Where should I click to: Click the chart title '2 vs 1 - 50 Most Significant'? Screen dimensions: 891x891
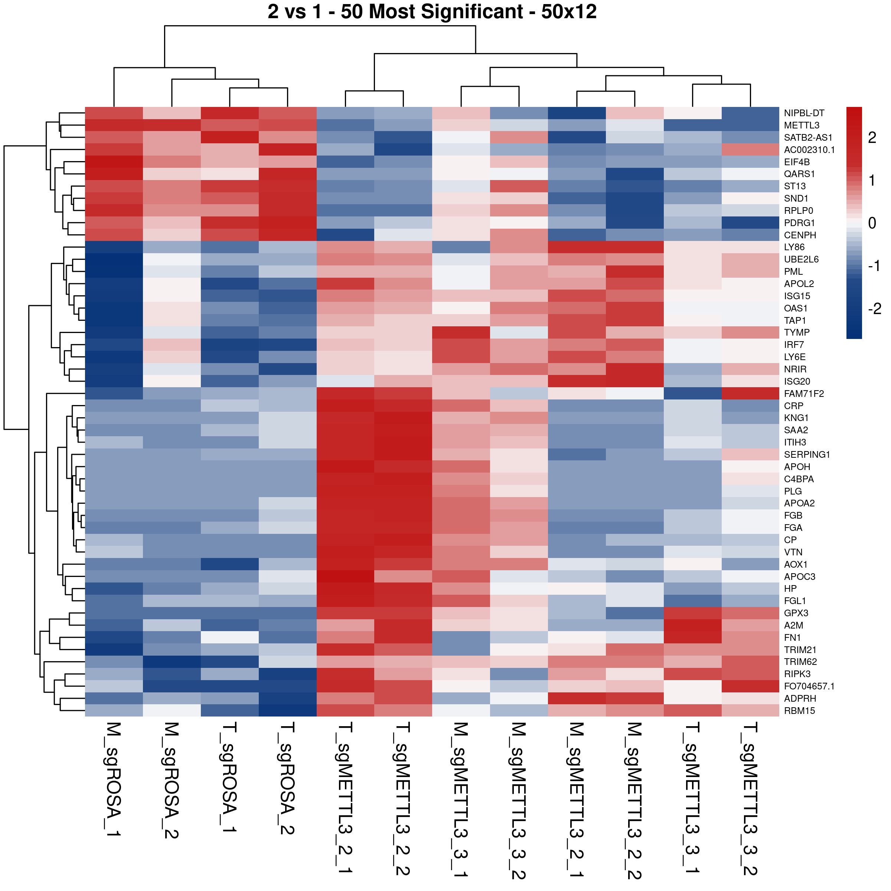click(432, 12)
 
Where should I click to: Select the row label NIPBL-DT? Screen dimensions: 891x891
click(804, 113)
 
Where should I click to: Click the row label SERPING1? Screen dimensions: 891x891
click(807, 455)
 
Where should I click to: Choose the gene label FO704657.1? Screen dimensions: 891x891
click(809, 686)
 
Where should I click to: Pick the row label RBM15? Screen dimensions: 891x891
click(799, 711)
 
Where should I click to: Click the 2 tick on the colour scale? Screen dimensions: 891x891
click(872, 137)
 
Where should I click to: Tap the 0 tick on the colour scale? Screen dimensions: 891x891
click(872, 223)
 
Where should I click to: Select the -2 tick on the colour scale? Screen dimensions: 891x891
click(874, 309)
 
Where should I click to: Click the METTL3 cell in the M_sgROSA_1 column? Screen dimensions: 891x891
click(114, 125)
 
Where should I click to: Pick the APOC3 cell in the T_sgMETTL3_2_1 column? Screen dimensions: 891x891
click(345, 577)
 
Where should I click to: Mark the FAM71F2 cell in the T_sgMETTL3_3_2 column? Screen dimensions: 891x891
click(750, 394)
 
